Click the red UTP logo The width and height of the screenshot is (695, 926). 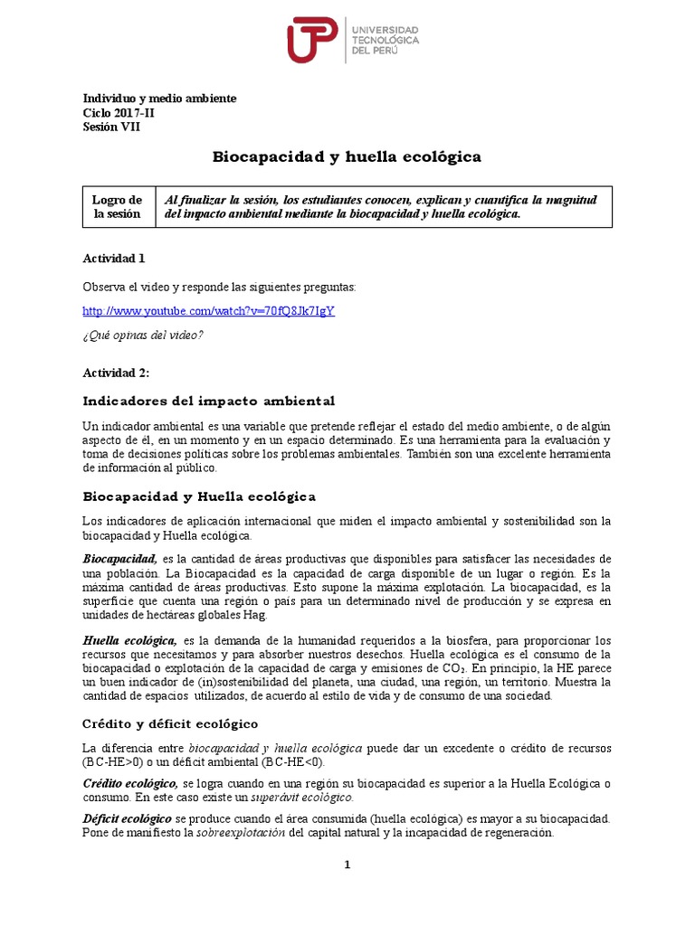tap(313, 41)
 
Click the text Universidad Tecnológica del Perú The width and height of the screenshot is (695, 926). tap(385, 41)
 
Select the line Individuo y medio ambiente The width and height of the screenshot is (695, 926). tap(159, 98)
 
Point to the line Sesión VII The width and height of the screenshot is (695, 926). tap(111, 127)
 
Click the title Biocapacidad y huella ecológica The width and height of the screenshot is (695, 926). tap(347, 157)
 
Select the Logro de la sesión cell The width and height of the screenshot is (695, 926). tap(118, 207)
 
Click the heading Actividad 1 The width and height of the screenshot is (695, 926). tap(113, 259)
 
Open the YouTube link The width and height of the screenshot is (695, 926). tap(208, 310)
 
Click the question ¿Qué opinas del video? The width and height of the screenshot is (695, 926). tap(143, 335)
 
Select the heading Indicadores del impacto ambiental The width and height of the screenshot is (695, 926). tap(208, 400)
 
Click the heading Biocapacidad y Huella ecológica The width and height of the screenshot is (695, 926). tap(199, 496)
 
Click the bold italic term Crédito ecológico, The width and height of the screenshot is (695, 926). tap(130, 783)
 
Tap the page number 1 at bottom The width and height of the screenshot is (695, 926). tap(347, 865)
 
